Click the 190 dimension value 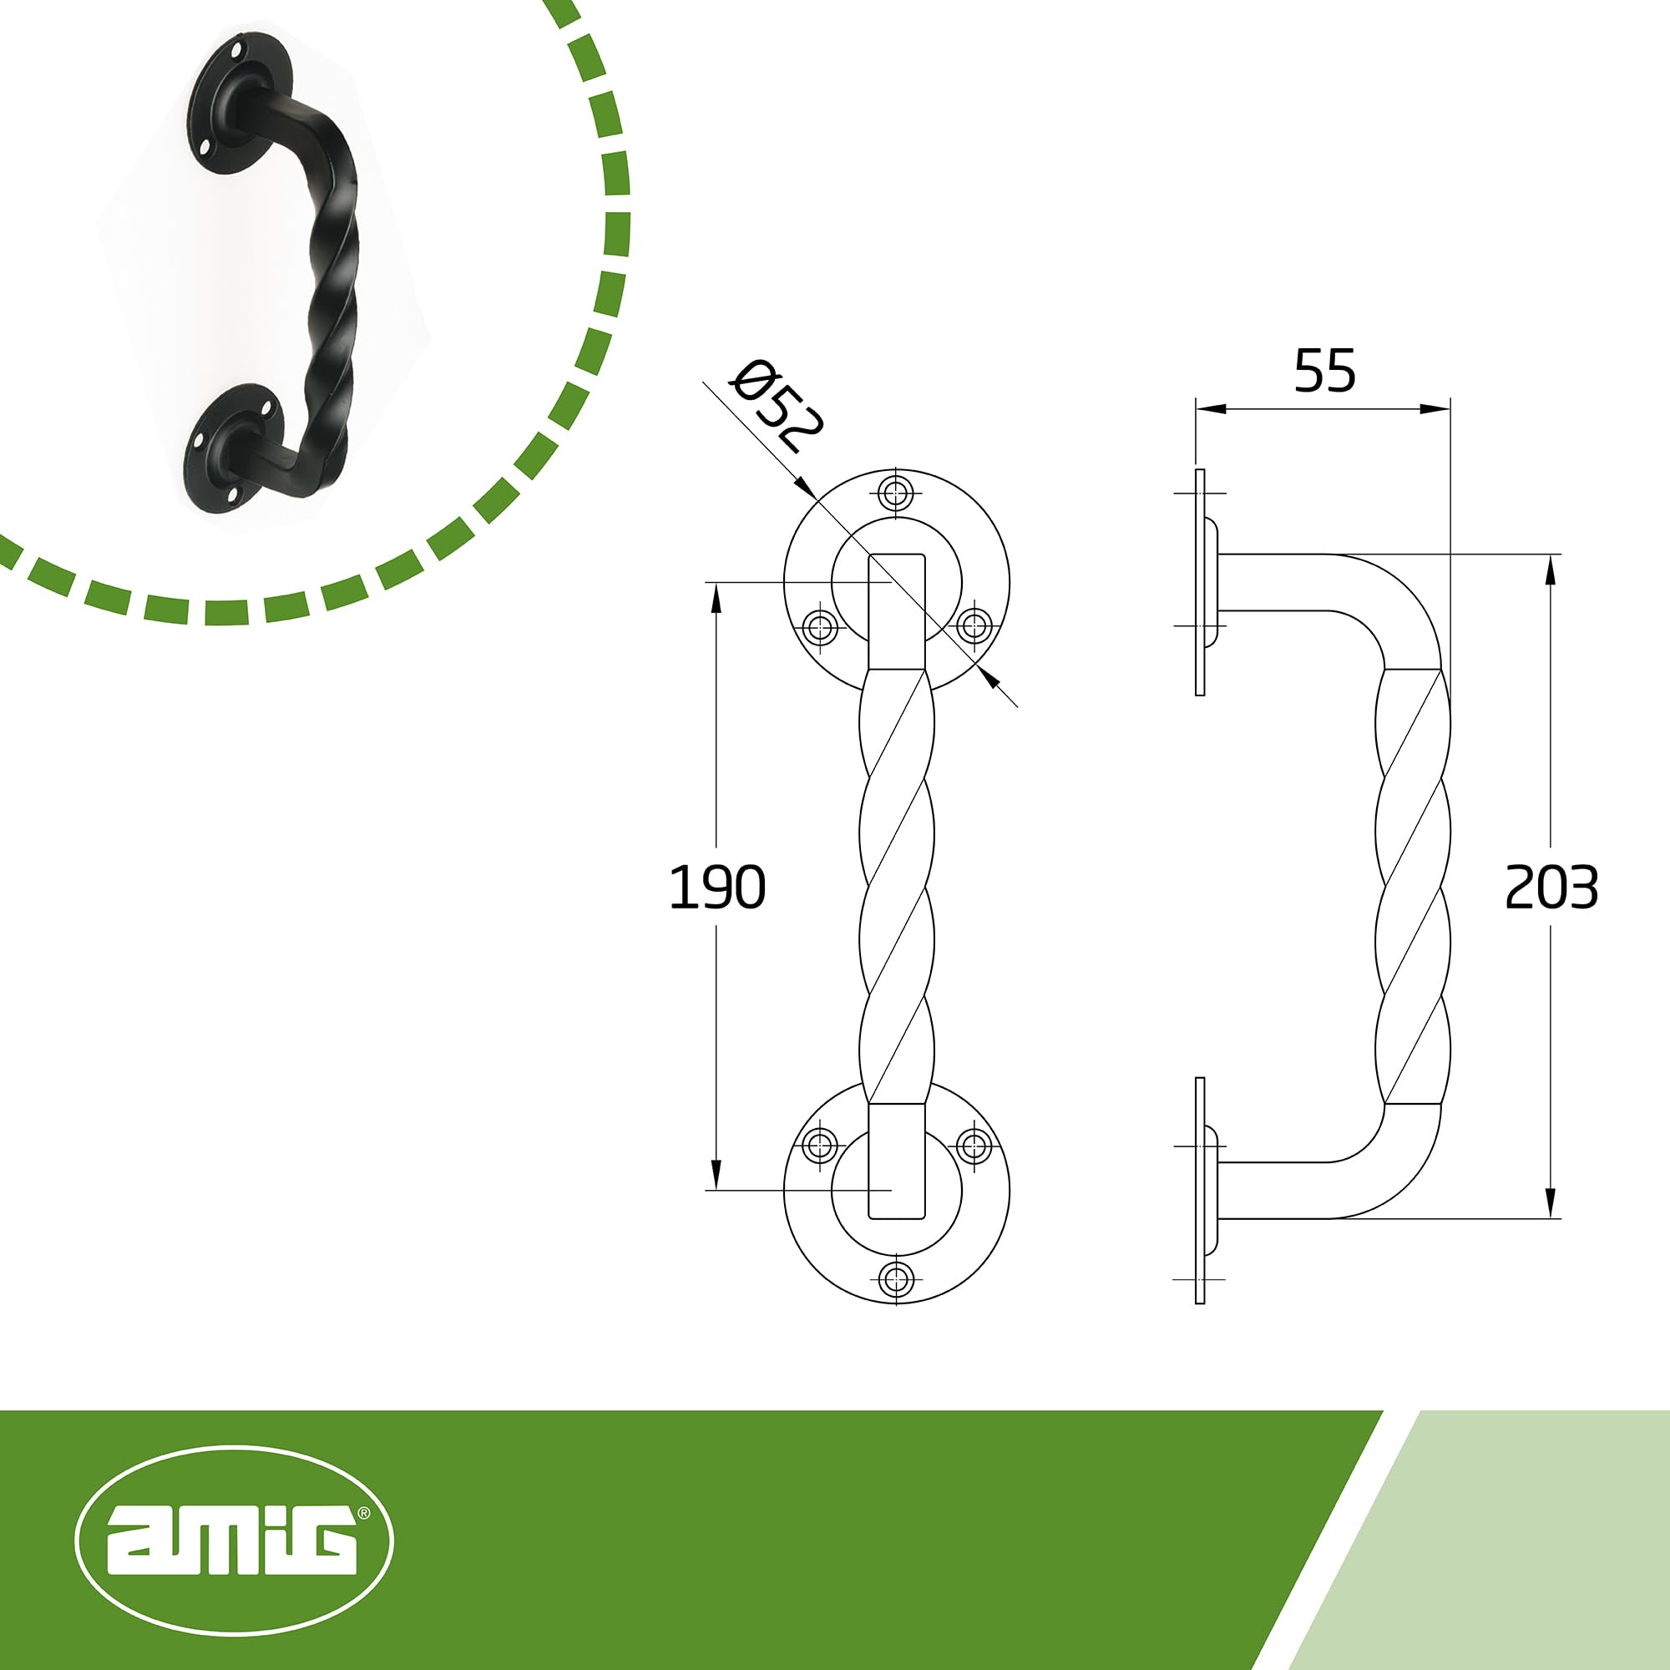[717, 887]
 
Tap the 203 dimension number [1551, 887]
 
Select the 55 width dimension [1324, 370]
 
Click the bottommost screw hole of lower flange [896, 1278]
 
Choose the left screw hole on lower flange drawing [819, 1146]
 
